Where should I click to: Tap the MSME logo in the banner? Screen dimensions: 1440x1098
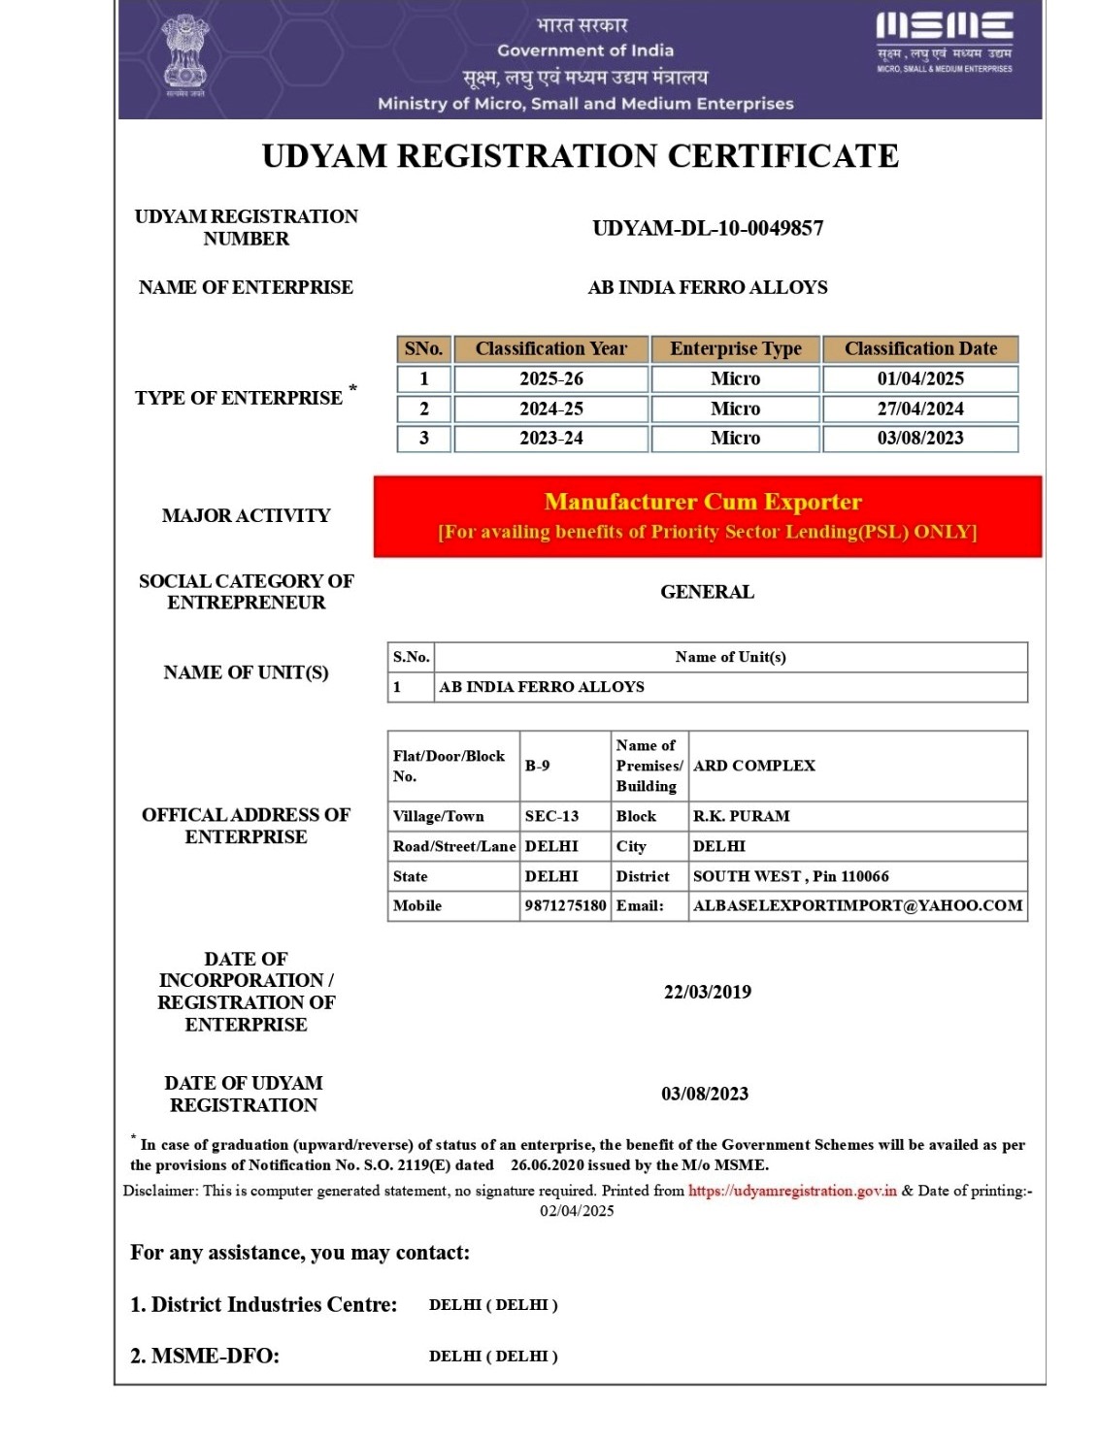[944, 42]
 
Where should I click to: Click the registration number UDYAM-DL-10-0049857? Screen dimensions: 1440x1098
[708, 228]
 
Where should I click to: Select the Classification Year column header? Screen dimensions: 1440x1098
[550, 349]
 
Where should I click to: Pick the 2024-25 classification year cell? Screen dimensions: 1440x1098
[550, 409]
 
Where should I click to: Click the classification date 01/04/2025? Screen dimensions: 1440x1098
[920, 379]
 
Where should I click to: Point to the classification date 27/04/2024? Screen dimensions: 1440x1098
[920, 409]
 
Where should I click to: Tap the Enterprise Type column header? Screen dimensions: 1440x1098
[735, 349]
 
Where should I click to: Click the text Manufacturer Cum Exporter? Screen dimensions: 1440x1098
[703, 502]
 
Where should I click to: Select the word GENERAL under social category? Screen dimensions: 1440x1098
[707, 592]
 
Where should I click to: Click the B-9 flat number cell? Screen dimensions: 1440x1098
[538, 766]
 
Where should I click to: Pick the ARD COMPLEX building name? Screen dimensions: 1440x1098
[754, 766]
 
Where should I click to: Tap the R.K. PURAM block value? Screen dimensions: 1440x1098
[741, 817]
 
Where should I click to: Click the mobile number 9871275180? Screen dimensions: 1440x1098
[565, 906]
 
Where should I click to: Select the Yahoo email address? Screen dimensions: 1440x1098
[857, 906]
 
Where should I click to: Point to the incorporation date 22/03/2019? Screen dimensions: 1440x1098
[707, 993]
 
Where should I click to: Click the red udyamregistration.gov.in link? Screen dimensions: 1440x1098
[792, 1192]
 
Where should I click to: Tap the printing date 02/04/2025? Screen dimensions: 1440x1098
[577, 1211]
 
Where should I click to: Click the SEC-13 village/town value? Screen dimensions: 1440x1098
[551, 817]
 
